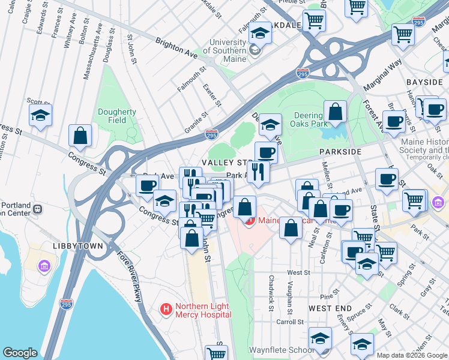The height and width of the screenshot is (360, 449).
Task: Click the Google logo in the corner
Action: tap(20, 353)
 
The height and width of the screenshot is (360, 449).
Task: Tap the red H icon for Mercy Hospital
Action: tap(166, 310)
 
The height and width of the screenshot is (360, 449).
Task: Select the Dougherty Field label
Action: tap(117, 116)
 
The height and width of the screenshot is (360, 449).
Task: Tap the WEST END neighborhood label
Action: tap(330, 308)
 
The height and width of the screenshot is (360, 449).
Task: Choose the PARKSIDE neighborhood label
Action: tap(340, 152)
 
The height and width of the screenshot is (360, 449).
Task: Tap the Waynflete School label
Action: tap(281, 350)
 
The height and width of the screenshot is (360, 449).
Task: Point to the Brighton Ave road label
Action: tap(176, 48)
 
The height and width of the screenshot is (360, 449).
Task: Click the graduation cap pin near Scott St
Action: tap(40, 115)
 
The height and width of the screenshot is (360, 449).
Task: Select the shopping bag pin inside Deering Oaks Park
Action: tap(335, 112)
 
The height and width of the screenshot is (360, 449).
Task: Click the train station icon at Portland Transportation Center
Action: tap(37, 209)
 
